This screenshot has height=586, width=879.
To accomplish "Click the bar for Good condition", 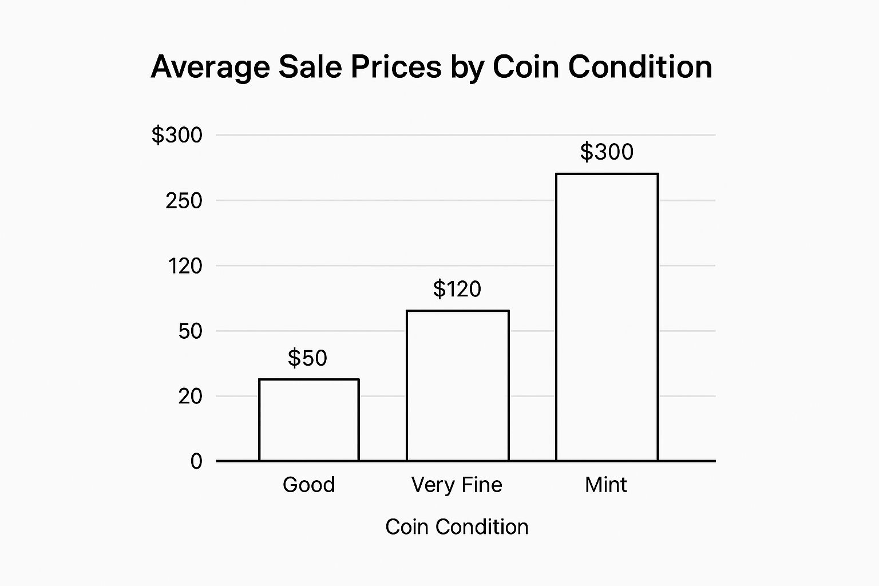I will point(309,420).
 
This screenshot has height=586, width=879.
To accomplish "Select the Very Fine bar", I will point(457,386).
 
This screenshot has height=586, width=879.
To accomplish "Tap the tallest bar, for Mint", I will point(607,317).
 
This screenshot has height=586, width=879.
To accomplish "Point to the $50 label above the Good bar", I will point(307,358).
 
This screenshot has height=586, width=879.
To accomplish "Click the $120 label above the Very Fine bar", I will point(457,289).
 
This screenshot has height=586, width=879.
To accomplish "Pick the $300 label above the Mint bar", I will point(607,152).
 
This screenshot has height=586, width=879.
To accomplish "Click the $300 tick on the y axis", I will point(177,135).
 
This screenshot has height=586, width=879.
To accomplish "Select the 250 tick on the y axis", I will point(184,201).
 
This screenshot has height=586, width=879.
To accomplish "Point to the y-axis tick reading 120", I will point(185,266).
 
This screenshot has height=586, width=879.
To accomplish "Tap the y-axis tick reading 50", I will point(190,331).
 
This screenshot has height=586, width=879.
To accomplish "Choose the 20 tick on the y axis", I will point(190,396).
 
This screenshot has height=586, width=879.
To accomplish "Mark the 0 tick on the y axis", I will point(196,461).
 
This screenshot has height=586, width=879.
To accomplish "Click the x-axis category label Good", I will point(308,485).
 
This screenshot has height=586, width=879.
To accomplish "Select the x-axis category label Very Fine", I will point(457,485).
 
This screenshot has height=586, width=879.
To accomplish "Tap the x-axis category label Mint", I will point(605,485).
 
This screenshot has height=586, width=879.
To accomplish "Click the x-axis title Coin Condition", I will point(457,527).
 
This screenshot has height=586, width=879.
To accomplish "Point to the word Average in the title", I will point(210,68).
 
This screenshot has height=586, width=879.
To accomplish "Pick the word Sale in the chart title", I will point(310,67).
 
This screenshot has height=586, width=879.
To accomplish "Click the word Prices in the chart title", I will point(396,67).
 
